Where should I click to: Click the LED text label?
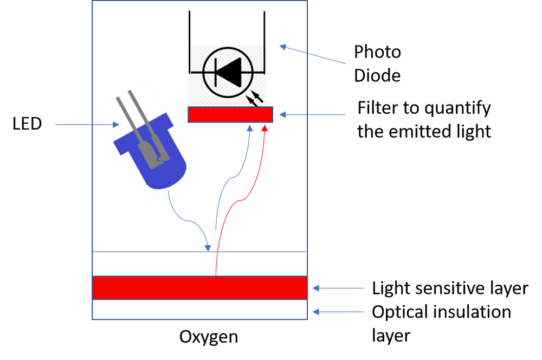(x=27, y=124)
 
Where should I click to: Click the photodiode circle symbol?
(x=228, y=72)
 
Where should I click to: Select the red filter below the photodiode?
(x=230, y=114)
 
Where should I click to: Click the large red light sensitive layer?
(x=200, y=288)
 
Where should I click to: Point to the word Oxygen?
(x=209, y=337)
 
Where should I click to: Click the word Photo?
(x=377, y=52)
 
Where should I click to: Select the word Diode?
(x=377, y=76)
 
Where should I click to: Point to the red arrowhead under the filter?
(x=264, y=128)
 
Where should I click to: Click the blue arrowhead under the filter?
(x=249, y=128)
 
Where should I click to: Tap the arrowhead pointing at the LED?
(x=116, y=125)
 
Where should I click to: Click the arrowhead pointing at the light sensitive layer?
(x=316, y=288)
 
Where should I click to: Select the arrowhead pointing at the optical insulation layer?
(x=316, y=312)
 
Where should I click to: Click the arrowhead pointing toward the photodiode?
(x=283, y=47)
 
